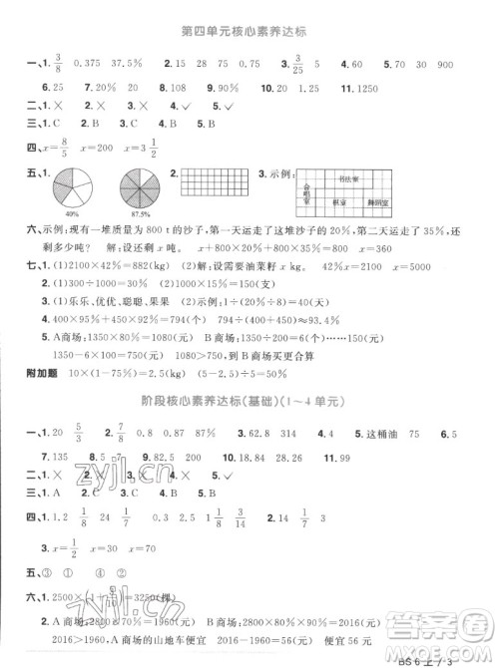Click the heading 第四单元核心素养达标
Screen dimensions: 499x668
coord(250,31)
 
